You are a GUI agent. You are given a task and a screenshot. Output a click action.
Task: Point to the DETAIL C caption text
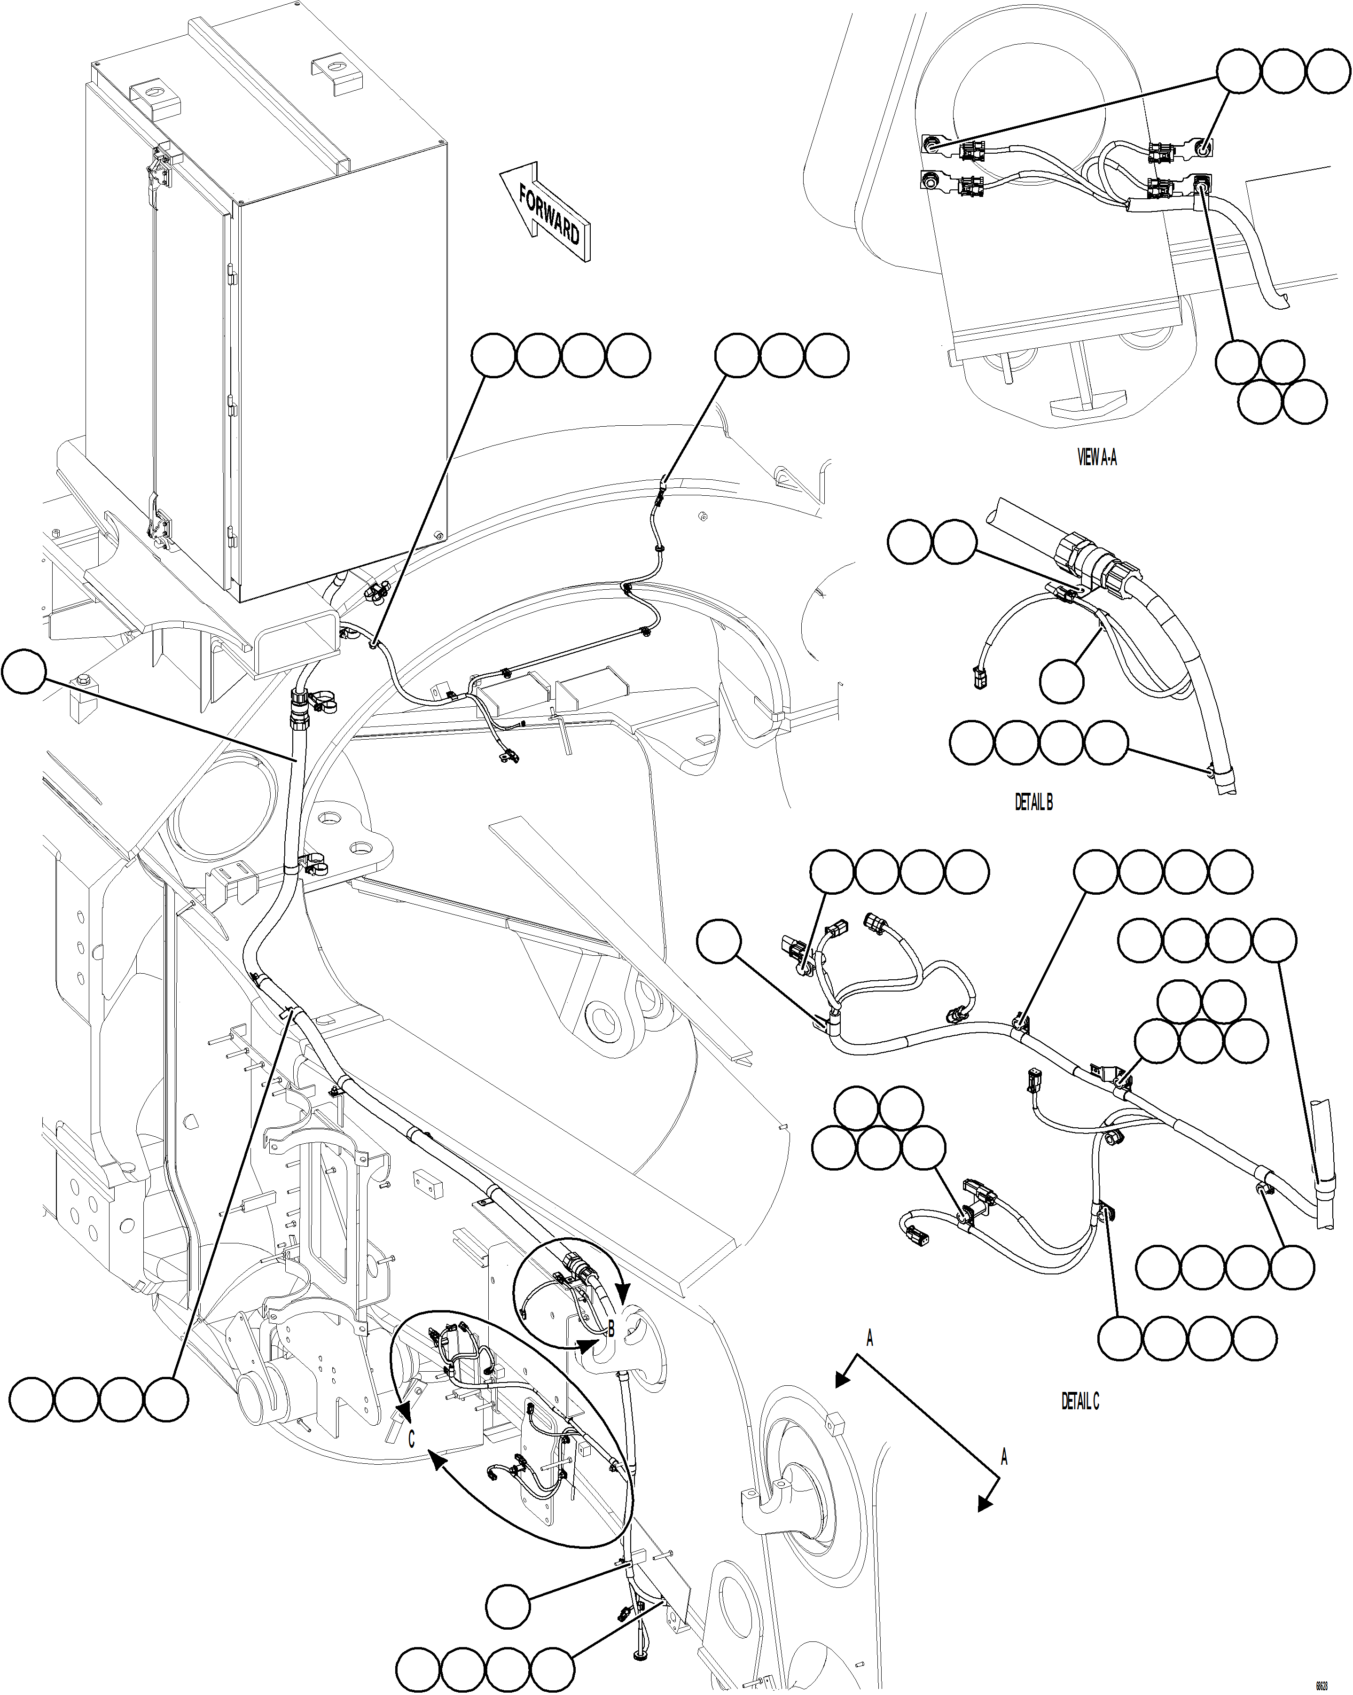[x=1080, y=1401]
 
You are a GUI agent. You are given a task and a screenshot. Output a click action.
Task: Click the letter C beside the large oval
[x=410, y=1438]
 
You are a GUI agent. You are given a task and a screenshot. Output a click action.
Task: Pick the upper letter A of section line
[x=869, y=1337]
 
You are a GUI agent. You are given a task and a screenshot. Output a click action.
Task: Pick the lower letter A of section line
[x=1004, y=1457]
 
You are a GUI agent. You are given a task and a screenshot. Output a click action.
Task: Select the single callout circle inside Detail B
[x=1061, y=681]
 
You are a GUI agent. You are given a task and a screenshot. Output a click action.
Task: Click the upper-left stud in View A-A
[x=931, y=144]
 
